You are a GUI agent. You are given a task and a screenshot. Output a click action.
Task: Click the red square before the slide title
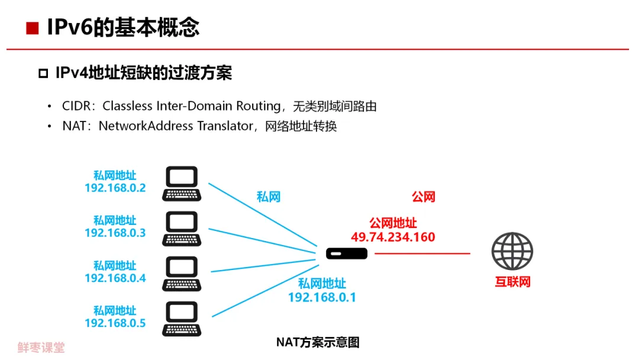pos(32,28)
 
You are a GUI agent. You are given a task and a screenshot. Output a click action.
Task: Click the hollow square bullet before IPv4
pos(43,73)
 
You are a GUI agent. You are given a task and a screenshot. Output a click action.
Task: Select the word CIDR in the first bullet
pos(77,107)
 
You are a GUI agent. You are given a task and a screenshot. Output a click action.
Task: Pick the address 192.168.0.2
pos(115,188)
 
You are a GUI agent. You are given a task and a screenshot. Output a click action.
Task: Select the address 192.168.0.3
pos(115,233)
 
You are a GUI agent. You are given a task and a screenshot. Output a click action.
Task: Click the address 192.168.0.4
pos(115,278)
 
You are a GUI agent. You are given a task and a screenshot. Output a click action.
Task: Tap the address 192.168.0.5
pos(115,323)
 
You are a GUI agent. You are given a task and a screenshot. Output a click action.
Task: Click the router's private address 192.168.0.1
pos(322,297)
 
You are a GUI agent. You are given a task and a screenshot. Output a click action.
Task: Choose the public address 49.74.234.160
pos(393,237)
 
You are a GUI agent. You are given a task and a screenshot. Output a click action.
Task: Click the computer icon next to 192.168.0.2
pos(182,184)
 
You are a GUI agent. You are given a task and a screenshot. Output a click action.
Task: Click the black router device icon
pos(347,254)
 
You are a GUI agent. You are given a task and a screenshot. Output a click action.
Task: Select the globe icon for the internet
pos(512,251)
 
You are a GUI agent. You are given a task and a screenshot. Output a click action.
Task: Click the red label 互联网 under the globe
pos(513,282)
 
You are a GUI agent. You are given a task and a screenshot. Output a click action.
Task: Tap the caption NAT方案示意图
pos(318,342)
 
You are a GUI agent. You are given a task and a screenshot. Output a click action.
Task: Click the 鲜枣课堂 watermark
pos(41,348)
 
